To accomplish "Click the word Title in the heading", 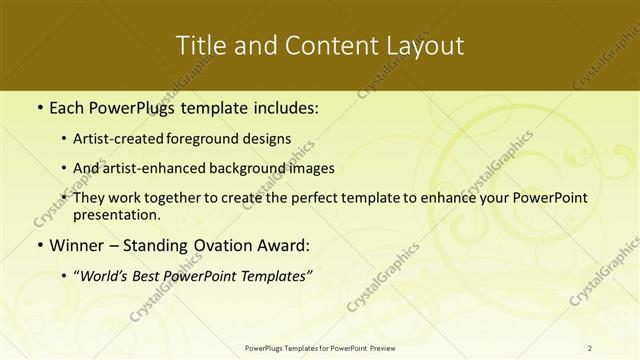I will (x=201, y=46).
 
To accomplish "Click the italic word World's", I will (x=106, y=276).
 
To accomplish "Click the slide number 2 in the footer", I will (x=590, y=347).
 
